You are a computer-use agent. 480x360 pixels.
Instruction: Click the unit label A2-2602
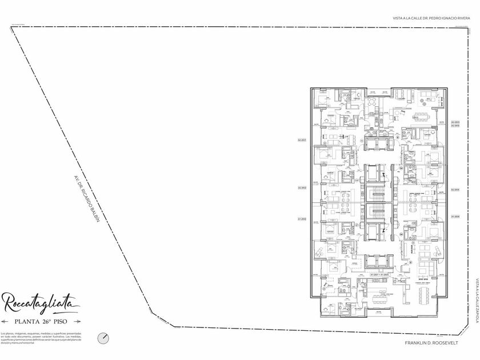[x=302, y=188]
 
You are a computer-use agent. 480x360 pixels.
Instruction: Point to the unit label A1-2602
[x=302, y=219]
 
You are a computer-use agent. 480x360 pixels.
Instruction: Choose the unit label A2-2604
[x=455, y=189]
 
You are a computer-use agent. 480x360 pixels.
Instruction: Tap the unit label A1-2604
[x=455, y=217]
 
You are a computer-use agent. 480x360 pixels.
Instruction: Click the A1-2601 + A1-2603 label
[x=379, y=275]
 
